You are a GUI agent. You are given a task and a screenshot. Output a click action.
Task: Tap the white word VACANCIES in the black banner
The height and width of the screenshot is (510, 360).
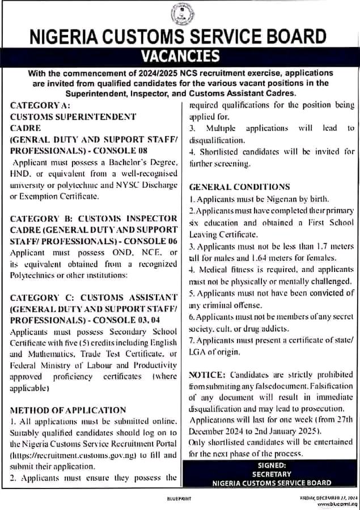(180, 56)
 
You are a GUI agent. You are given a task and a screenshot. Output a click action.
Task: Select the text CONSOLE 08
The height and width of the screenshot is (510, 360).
(125, 151)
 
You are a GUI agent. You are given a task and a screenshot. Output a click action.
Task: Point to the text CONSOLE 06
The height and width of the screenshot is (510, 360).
(154, 241)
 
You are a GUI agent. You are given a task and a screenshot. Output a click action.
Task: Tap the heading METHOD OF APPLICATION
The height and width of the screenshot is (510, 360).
(68, 410)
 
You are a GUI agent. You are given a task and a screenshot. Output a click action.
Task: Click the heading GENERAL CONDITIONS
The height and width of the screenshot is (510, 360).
(239, 187)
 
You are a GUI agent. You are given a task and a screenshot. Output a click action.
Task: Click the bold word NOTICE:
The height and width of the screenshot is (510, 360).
(207, 375)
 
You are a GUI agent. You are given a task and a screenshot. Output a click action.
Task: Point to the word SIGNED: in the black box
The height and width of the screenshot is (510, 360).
(271, 465)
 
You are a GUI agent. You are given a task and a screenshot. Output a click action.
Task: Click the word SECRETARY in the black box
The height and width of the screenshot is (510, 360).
(271, 474)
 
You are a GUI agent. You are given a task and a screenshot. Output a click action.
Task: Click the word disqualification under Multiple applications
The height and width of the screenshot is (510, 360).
(217, 140)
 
